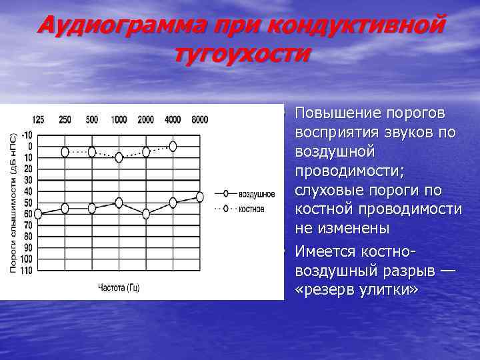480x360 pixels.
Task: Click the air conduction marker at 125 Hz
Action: pyautogui.click(x=38, y=213)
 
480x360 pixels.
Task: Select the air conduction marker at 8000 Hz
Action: pyautogui.click(x=199, y=197)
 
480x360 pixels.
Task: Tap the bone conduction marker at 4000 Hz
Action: pyautogui.click(x=173, y=145)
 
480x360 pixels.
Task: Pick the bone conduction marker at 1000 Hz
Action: pyautogui.click(x=119, y=157)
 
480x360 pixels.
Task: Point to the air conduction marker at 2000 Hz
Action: pyautogui.click(x=146, y=213)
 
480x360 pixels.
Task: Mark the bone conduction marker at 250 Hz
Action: pyautogui.click(x=65, y=152)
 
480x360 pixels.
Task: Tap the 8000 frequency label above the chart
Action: pyautogui.click(x=199, y=120)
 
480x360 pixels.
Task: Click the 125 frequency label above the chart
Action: pyautogui.click(x=38, y=120)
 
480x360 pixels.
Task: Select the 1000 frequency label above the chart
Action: pyautogui.click(x=119, y=120)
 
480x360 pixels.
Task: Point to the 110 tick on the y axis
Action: pyautogui.click(x=26, y=271)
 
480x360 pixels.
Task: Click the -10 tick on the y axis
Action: pyautogui.click(x=26, y=134)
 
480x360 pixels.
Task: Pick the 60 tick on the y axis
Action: pyautogui.click(x=27, y=214)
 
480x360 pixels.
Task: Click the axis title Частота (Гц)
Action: pyautogui.click(x=119, y=288)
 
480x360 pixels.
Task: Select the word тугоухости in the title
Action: pyautogui.click(x=241, y=53)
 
